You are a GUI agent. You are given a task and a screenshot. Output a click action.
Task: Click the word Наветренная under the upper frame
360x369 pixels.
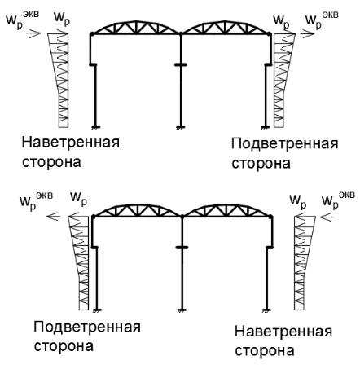(71, 143)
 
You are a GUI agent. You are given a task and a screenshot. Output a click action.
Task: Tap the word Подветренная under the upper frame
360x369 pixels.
(285, 144)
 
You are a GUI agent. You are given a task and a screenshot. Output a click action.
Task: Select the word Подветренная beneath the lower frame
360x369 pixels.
(87, 327)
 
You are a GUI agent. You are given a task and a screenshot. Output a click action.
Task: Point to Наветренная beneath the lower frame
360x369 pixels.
(283, 332)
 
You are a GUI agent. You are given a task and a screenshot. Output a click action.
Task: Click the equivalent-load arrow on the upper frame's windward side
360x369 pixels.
(33, 33)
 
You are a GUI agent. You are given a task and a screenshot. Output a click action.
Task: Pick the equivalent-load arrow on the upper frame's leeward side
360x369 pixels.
(308, 34)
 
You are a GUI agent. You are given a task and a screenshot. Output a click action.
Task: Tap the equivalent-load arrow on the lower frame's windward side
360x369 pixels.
(327, 217)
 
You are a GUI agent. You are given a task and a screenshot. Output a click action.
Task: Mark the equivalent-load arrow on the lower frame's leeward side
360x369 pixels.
(53, 217)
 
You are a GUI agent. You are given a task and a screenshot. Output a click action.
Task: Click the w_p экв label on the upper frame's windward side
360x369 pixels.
(23, 19)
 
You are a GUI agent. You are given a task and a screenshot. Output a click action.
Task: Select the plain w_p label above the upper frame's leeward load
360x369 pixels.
(281, 21)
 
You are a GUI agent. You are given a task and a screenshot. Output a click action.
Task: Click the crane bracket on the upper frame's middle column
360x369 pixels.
(181, 64)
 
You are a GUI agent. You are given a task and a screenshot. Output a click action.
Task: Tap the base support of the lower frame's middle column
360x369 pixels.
(182, 310)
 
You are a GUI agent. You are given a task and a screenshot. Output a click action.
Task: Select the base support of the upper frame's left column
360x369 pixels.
(95, 127)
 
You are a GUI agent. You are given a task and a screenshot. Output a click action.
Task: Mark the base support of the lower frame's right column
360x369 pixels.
(267, 310)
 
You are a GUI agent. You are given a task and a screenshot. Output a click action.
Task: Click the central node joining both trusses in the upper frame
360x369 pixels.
(181, 33)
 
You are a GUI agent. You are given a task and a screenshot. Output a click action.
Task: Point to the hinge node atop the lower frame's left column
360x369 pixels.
(94, 217)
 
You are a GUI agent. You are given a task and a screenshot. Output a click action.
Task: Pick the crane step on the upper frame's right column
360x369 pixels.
(268, 64)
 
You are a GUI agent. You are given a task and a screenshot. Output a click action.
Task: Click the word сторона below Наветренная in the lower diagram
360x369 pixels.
(265, 350)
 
